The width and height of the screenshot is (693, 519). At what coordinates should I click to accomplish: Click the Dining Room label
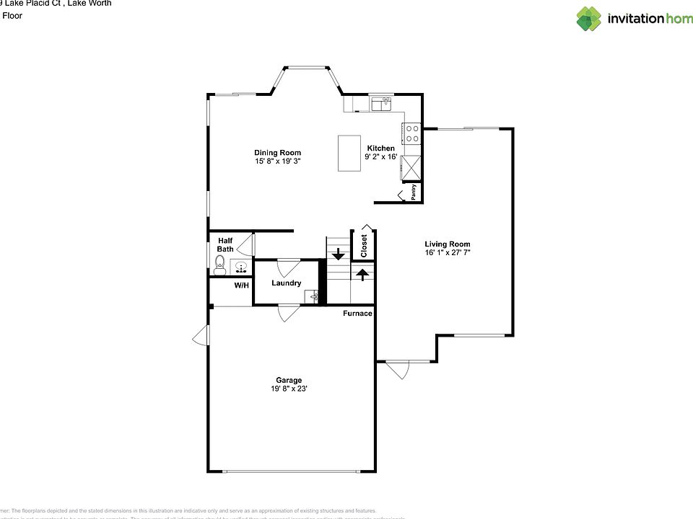(277, 153)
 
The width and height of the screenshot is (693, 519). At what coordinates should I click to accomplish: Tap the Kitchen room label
(380, 148)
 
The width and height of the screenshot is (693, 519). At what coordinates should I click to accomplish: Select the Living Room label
(448, 244)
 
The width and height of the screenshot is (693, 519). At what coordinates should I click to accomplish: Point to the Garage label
(289, 381)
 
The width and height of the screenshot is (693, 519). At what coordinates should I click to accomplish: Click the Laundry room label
(287, 283)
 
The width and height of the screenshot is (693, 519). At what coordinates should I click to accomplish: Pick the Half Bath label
(225, 244)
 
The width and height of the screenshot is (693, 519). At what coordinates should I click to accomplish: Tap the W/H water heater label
(241, 286)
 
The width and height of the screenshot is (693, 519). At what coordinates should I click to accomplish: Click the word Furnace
(357, 314)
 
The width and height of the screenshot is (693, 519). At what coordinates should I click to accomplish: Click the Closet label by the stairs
(364, 245)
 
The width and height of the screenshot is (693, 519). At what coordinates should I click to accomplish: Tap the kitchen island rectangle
(349, 153)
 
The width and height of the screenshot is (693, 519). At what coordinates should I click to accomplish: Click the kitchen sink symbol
(381, 105)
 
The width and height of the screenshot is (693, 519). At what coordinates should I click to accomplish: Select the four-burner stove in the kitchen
(411, 134)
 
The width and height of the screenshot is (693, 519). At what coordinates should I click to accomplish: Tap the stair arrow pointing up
(362, 274)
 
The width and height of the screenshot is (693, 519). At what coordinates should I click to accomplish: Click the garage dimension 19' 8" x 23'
(289, 389)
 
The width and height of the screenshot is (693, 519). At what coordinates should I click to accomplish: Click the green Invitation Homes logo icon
(588, 19)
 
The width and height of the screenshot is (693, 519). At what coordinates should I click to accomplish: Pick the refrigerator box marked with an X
(411, 168)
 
